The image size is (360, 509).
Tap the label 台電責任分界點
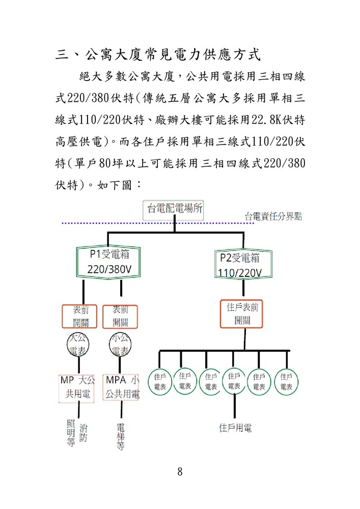(x=273, y=216)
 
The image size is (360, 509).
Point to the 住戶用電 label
(x=235, y=428)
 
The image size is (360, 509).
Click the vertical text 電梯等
(x=120, y=436)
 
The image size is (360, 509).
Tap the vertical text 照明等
(x=71, y=433)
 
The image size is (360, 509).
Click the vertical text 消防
(x=84, y=433)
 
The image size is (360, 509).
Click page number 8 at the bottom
(x=180, y=471)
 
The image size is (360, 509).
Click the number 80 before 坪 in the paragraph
(x=105, y=163)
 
